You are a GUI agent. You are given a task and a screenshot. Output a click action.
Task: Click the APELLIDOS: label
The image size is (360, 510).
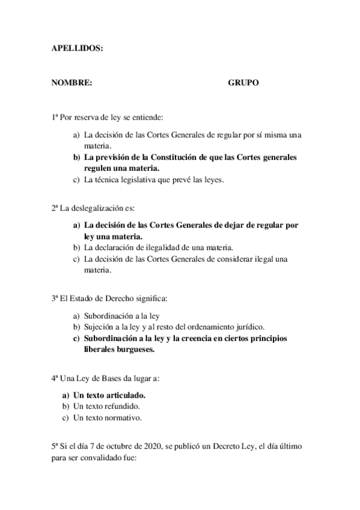click(78, 51)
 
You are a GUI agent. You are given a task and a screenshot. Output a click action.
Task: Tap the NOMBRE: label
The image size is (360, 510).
click(72, 83)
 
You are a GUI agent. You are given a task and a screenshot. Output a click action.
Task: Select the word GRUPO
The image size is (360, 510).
click(243, 83)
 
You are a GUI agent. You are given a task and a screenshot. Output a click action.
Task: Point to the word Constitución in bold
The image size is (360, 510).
click(174, 157)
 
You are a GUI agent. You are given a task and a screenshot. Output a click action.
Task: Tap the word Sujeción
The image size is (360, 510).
click(99, 327)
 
